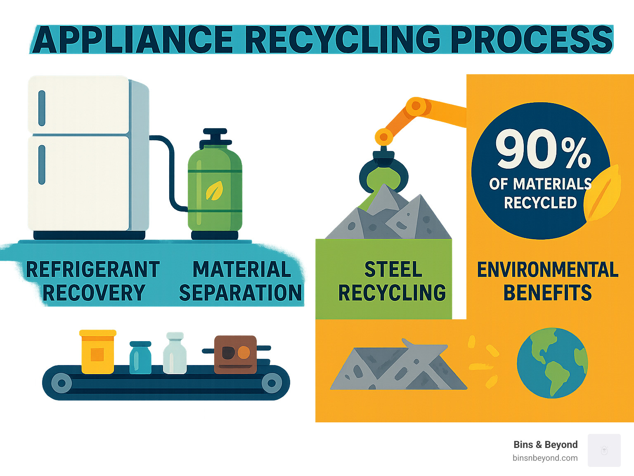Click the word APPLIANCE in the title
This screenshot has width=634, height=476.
(x=132, y=40)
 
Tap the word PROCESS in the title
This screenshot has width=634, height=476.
(x=532, y=40)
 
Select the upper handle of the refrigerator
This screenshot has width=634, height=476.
(x=42, y=108)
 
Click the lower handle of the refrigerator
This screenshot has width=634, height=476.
(x=42, y=165)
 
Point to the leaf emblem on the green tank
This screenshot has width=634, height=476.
(x=214, y=191)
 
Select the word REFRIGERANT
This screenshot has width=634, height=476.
(x=93, y=270)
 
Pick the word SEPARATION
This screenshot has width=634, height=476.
(x=240, y=293)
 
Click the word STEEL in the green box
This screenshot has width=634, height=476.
(x=393, y=270)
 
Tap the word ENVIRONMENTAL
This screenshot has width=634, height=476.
(x=548, y=270)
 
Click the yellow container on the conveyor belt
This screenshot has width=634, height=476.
(x=98, y=351)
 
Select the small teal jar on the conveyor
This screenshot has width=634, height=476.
(x=140, y=358)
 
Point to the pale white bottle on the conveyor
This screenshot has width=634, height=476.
(x=175, y=353)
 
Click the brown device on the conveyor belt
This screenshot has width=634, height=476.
(x=235, y=354)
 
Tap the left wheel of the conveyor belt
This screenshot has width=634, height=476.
(x=62, y=383)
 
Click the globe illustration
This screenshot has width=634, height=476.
(x=552, y=363)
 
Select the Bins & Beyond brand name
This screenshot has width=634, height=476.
(x=545, y=445)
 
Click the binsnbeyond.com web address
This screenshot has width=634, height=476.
(x=545, y=458)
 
